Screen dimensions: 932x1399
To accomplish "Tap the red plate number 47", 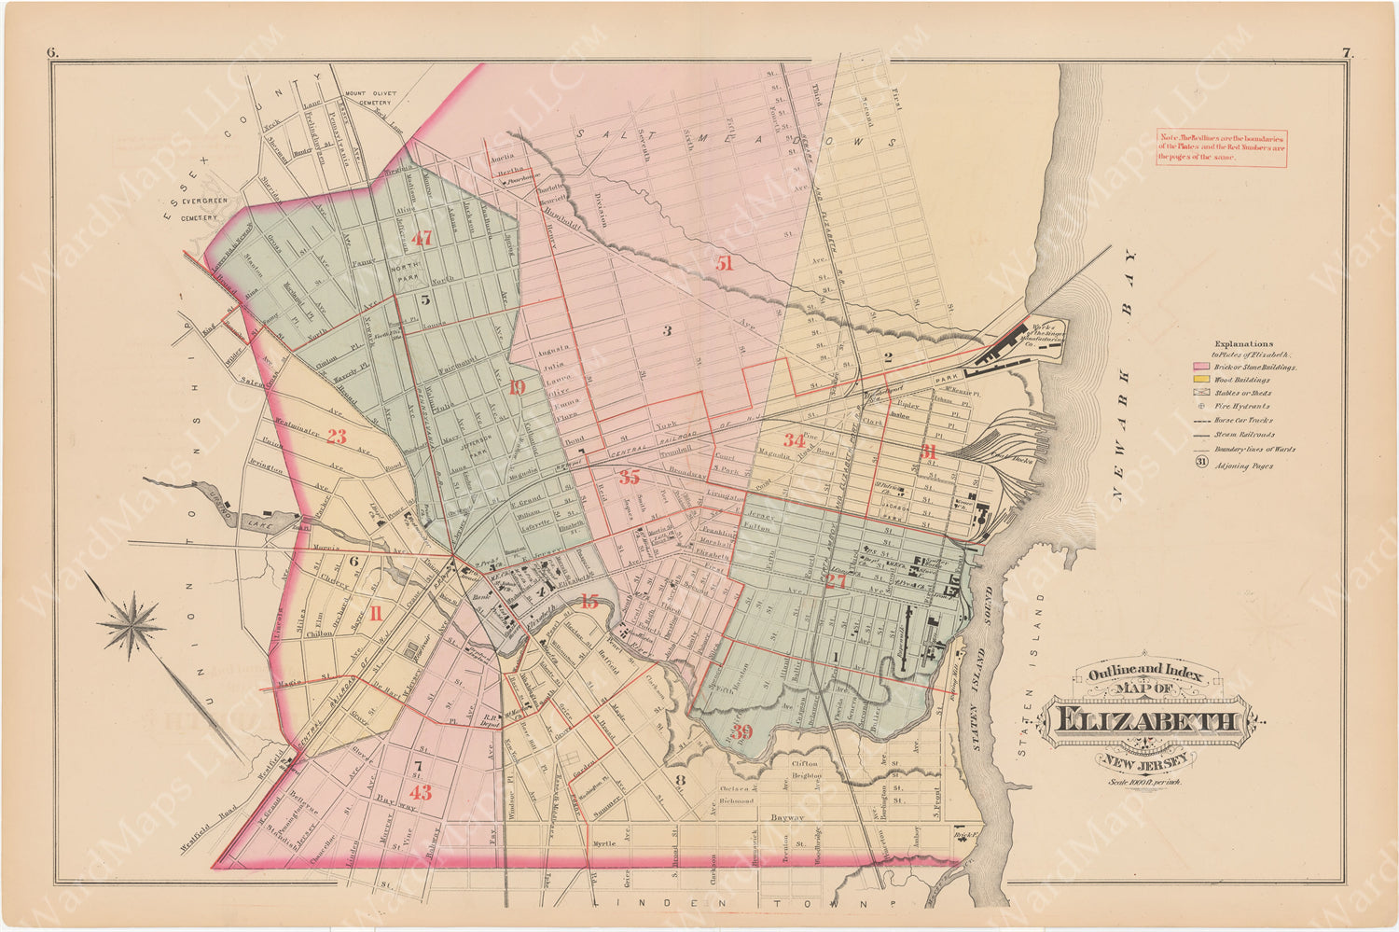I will [x=422, y=239].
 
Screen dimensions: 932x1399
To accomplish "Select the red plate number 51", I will [x=725, y=264].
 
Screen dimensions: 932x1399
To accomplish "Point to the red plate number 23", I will [x=337, y=436].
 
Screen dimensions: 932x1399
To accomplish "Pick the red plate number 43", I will [x=422, y=793].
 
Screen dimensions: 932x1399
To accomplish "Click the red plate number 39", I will [x=741, y=730].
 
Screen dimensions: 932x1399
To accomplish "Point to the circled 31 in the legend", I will [x=1202, y=464].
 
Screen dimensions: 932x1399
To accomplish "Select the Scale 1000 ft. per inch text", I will [x=1143, y=782].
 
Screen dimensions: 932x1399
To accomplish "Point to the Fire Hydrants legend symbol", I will [x=1202, y=407].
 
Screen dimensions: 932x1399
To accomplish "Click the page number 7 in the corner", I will [x=1347, y=53].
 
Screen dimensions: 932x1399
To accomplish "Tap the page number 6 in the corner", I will [x=52, y=53].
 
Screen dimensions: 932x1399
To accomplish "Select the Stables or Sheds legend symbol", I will [x=1202, y=394].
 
